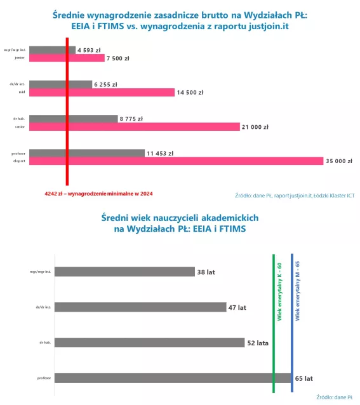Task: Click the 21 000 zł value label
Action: (x=255, y=127)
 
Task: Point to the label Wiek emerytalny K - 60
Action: (x=279, y=289)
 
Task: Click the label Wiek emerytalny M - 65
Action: (x=298, y=289)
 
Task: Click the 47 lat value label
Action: (x=237, y=307)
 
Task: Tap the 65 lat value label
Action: (x=304, y=378)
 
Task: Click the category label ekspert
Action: (x=18, y=161)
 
